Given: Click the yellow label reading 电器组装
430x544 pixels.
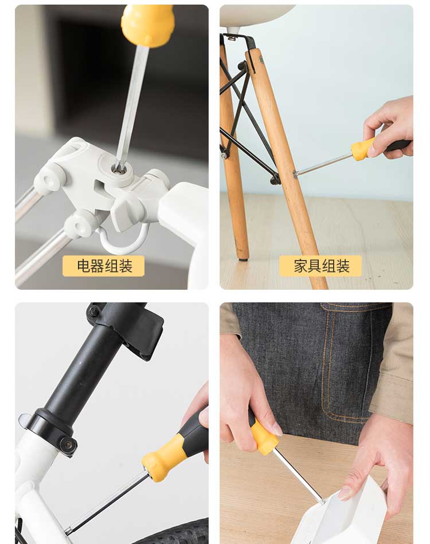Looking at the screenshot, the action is pos(104,266).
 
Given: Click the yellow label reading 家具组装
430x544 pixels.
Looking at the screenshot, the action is pos(320,266).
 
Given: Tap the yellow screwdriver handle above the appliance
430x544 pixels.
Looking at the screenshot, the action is pos(147,25).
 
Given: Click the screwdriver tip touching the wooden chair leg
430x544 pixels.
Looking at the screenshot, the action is pos(295,174).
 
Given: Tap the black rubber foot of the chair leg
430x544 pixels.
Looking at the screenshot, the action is pos(243,258).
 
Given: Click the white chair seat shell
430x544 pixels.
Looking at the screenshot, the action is pos(256,15).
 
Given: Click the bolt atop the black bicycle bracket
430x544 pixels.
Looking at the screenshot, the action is pos(92,312).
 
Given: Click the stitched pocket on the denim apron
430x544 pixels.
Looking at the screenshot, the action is pos(347,361).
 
